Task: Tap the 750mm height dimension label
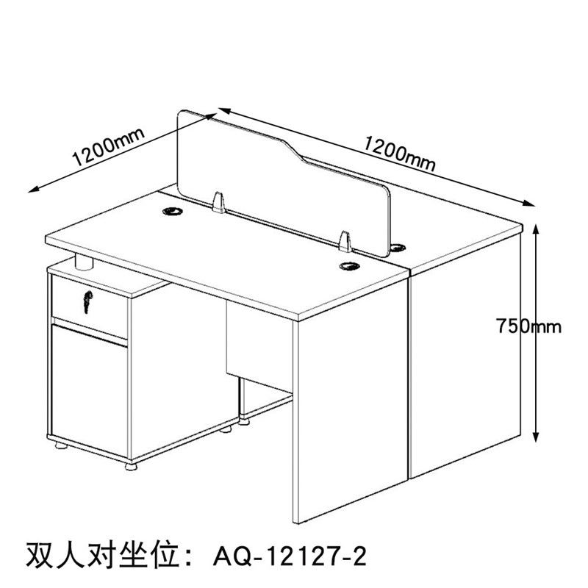click(x=528, y=326)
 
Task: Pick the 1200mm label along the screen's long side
click(x=401, y=152)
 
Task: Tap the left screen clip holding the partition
click(x=218, y=203)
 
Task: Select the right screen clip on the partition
click(x=345, y=242)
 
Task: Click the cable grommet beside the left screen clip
click(x=174, y=212)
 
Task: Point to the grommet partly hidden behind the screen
click(x=400, y=246)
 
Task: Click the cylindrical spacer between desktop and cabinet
click(x=85, y=262)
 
